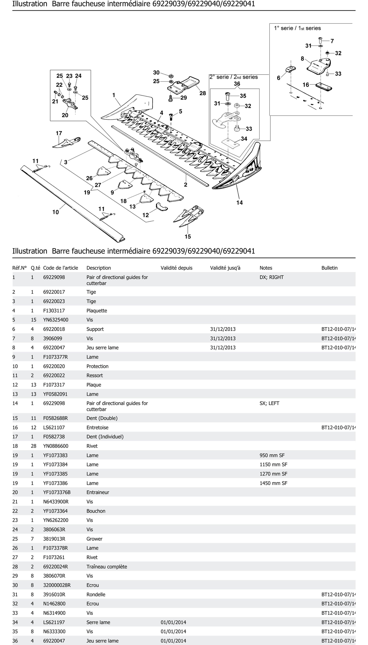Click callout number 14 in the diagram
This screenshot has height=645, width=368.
click(239, 202)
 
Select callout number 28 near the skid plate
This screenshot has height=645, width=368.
click(203, 93)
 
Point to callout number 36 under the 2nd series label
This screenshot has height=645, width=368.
click(237, 84)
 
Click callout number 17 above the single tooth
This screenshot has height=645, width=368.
click(59, 133)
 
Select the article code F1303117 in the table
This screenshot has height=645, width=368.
click(54, 310)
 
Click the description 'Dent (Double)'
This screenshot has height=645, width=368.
click(102, 418)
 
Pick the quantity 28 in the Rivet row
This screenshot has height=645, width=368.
click(34, 446)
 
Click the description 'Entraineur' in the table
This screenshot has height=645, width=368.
click(98, 492)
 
